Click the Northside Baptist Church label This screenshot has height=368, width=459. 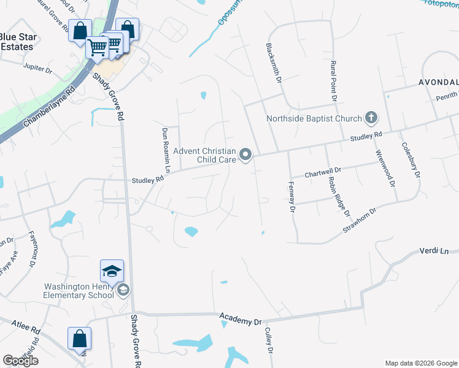(x=314, y=119)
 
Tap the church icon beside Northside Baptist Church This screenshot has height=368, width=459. (x=371, y=117)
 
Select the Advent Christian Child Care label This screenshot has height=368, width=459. (x=205, y=155)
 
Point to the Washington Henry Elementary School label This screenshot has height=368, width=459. (x=79, y=290)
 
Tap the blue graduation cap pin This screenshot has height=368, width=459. (x=112, y=270)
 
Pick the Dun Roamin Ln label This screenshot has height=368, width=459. (x=165, y=149)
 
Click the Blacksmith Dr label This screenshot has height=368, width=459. (x=274, y=63)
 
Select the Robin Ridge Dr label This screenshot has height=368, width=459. (x=338, y=196)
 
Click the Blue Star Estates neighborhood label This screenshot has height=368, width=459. (x=18, y=42)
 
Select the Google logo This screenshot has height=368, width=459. (x=20, y=360)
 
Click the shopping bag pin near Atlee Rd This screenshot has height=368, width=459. (x=79, y=339)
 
